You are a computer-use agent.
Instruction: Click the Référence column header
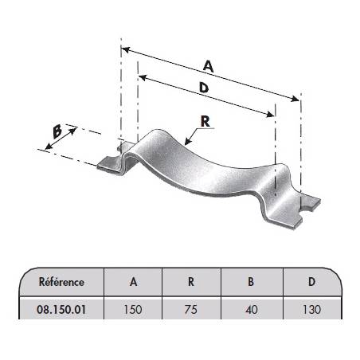(x=61, y=282)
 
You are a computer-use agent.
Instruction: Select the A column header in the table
(x=133, y=282)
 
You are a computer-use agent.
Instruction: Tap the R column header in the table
(x=191, y=282)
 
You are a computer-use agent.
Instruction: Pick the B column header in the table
(x=251, y=282)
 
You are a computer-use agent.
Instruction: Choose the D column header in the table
(x=311, y=282)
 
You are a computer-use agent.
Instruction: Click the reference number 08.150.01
(x=61, y=310)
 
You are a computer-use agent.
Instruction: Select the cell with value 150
(x=133, y=310)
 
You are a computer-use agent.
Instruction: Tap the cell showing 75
(x=191, y=310)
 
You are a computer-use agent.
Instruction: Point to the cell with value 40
(x=251, y=310)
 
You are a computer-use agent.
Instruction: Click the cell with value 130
(x=311, y=310)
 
